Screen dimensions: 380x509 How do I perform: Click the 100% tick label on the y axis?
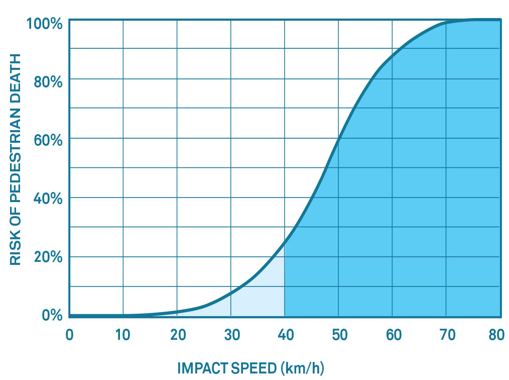point(45,23)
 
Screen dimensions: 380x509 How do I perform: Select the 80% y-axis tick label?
point(48,81)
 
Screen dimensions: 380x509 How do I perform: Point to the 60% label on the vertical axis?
point(48,140)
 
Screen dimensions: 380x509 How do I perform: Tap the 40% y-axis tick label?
point(48,199)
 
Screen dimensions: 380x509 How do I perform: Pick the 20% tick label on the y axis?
point(48,258)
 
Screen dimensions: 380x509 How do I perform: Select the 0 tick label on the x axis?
point(70,334)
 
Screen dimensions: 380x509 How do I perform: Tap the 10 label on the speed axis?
point(122,334)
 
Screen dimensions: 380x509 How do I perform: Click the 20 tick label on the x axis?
point(177,334)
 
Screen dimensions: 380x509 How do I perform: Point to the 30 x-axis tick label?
point(230,334)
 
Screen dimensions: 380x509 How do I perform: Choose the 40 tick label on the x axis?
point(285,334)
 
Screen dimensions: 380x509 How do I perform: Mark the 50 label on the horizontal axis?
point(338,334)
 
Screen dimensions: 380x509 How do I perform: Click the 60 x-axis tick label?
point(392,334)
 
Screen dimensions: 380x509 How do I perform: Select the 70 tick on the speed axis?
point(446,334)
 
